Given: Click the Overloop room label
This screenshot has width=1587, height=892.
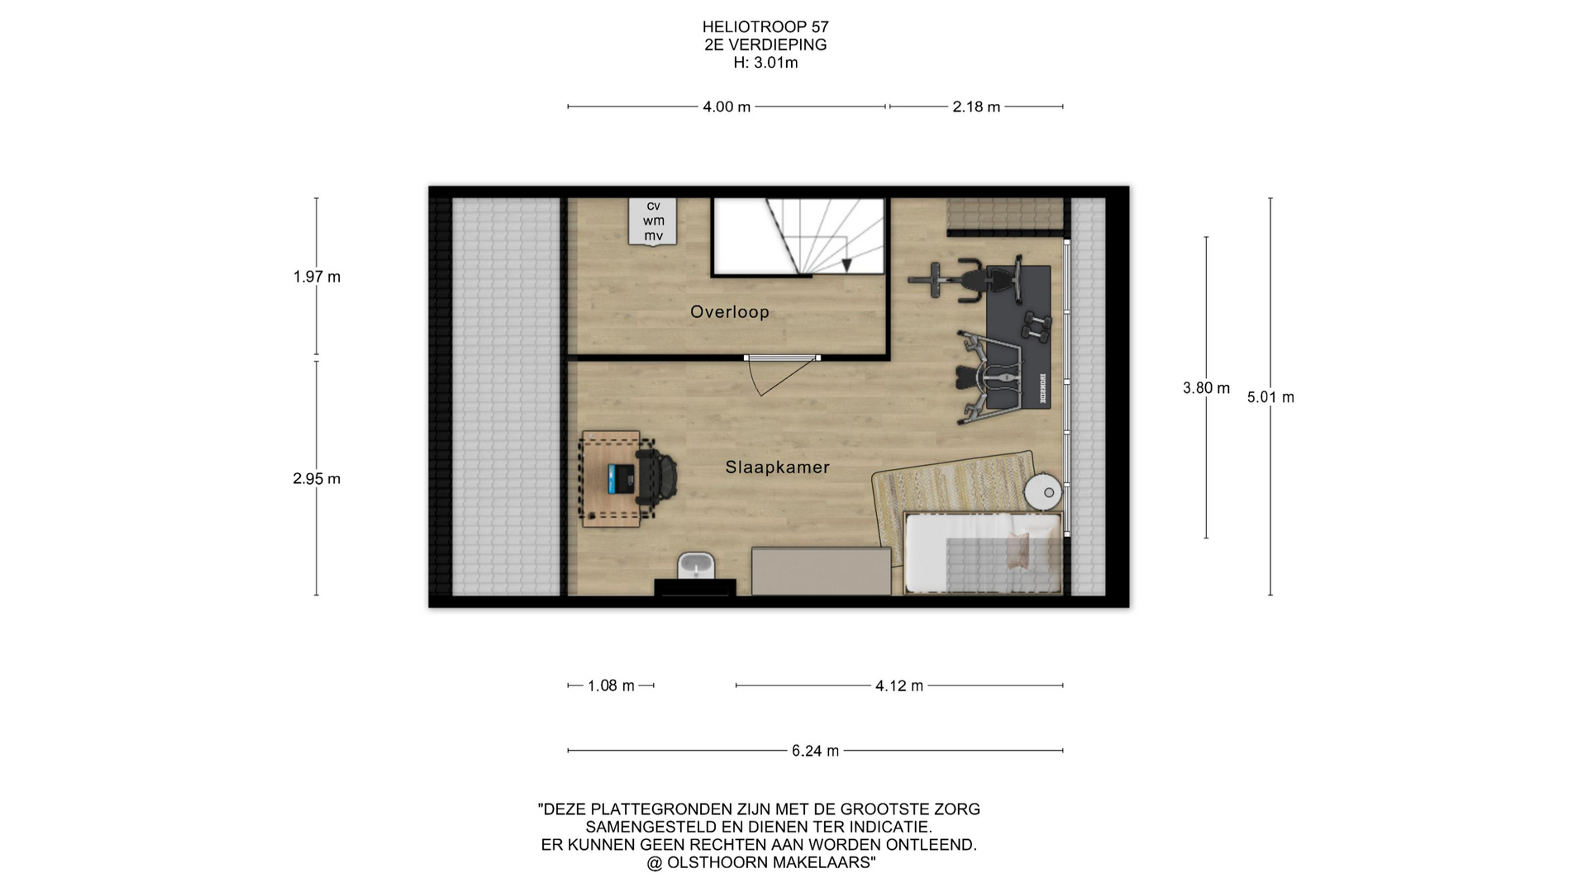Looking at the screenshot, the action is (x=730, y=311).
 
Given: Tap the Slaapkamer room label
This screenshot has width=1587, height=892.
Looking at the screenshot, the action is (x=777, y=467).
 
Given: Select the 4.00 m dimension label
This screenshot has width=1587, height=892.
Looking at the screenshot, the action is (x=727, y=107).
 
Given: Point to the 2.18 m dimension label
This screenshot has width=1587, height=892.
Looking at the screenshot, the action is (x=976, y=107).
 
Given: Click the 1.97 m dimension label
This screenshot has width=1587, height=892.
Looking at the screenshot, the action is (x=317, y=277).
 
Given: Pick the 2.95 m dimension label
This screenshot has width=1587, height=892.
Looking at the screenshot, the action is (x=317, y=478).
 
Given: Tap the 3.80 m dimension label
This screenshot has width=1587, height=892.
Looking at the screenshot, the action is (x=1206, y=388).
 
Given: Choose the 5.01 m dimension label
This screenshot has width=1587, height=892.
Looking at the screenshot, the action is (x=1270, y=397).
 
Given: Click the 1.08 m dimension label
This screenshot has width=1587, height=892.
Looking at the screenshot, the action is (x=611, y=686).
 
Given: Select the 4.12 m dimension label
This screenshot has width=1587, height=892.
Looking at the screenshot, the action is (x=899, y=686).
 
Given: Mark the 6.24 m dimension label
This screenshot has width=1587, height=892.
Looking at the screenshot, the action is (x=815, y=751).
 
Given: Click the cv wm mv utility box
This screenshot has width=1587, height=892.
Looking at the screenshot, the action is (x=653, y=221).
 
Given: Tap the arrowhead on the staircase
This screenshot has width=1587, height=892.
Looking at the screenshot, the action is (x=846, y=265).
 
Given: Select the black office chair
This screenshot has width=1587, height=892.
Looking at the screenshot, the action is (x=658, y=477).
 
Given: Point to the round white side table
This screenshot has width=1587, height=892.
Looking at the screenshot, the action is (x=1044, y=492).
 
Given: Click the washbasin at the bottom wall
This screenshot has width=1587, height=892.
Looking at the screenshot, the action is (x=696, y=567).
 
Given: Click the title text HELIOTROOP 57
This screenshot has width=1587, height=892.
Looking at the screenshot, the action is (x=765, y=27).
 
